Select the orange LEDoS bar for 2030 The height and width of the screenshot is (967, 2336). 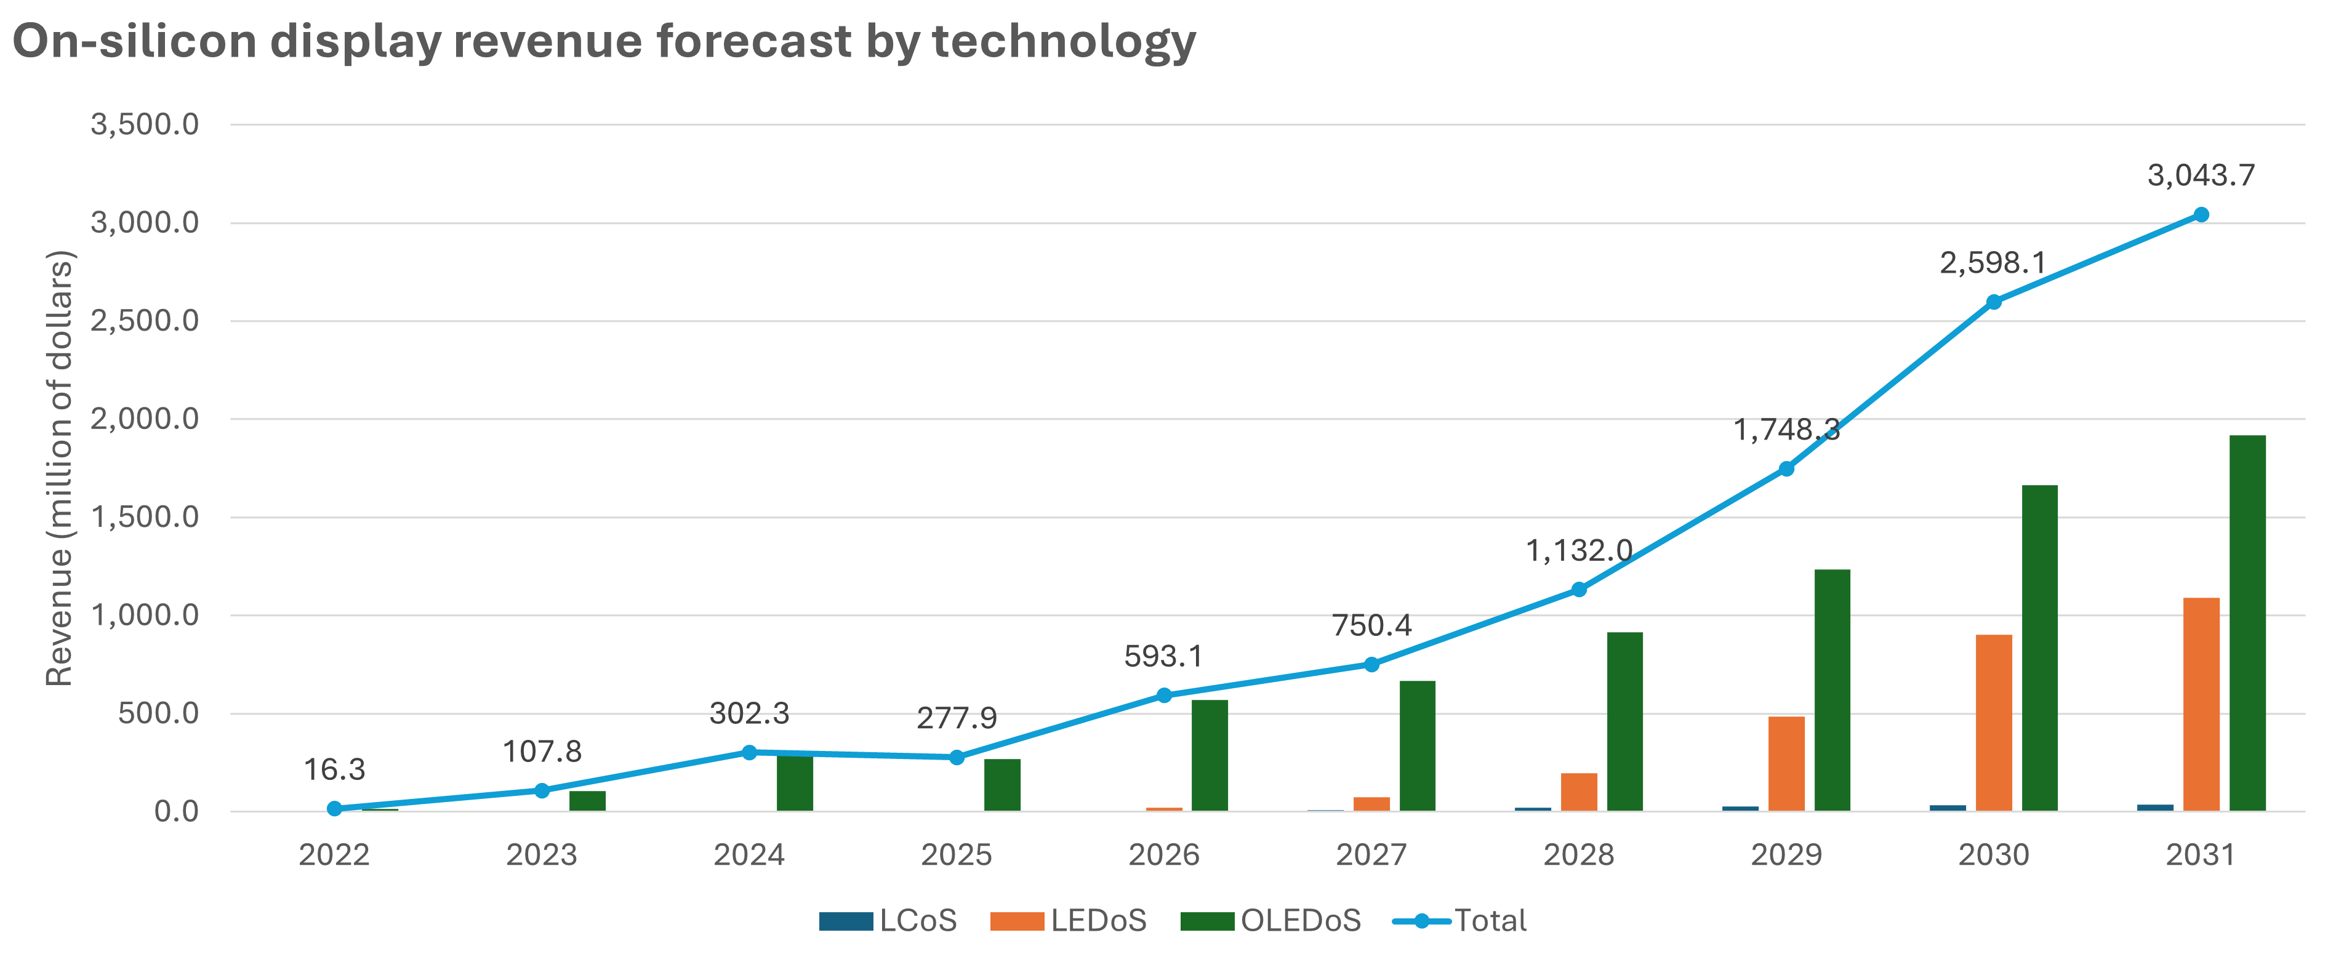pos(1994,723)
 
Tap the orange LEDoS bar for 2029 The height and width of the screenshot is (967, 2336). pos(1786,764)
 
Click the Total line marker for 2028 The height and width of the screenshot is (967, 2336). pos(1579,590)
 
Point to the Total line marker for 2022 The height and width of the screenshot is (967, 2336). pos(335,808)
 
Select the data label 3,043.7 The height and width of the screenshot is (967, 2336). pos(2200,175)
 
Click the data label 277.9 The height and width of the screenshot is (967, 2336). pos(957,718)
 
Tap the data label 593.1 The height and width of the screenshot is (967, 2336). pos(1163,656)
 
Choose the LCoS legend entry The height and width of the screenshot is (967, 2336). pos(889,921)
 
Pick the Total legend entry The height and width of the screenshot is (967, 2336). pos(1460,921)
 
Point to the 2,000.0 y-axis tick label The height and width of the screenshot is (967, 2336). pos(145,419)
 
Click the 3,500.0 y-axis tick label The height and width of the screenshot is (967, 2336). pos(145,124)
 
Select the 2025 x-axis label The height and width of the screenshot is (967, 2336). pos(957,854)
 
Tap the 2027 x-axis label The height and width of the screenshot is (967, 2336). pos(1371,854)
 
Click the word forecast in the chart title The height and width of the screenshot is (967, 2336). pos(753,42)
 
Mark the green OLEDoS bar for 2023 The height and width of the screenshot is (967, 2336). pos(588,801)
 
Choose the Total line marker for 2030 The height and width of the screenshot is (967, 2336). pos(1993,302)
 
